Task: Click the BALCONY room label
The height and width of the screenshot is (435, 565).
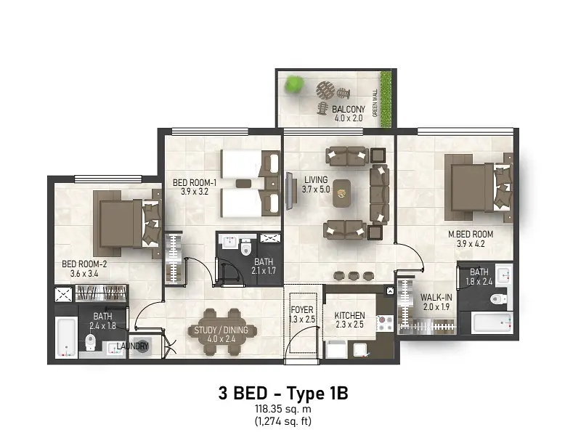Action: (x=349, y=109)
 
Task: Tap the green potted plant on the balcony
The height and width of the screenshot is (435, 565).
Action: (x=294, y=84)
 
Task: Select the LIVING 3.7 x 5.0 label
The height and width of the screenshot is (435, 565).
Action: (x=316, y=184)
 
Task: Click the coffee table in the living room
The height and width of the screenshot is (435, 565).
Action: (x=341, y=193)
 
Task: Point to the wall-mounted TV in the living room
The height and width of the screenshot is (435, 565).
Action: (x=289, y=191)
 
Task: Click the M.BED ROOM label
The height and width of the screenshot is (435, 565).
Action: (x=471, y=235)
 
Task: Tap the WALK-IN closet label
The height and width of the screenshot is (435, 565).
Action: (x=436, y=298)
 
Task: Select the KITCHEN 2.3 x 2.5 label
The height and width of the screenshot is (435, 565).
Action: (x=349, y=320)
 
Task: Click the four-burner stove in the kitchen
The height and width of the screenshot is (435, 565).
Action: (x=385, y=323)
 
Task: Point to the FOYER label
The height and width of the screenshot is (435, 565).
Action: (x=302, y=310)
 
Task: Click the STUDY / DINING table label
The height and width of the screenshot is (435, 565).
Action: (x=221, y=330)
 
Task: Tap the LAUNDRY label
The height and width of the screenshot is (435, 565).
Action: (x=133, y=346)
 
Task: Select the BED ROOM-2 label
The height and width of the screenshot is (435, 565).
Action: (x=84, y=264)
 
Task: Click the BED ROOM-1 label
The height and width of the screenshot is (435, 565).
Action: (x=195, y=183)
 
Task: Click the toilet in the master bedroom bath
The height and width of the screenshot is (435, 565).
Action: (x=499, y=298)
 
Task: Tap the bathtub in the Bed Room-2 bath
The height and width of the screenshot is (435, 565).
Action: (x=67, y=337)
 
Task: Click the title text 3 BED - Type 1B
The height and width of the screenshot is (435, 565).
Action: (x=283, y=393)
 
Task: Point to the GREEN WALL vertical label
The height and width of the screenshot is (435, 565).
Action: (x=375, y=102)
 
